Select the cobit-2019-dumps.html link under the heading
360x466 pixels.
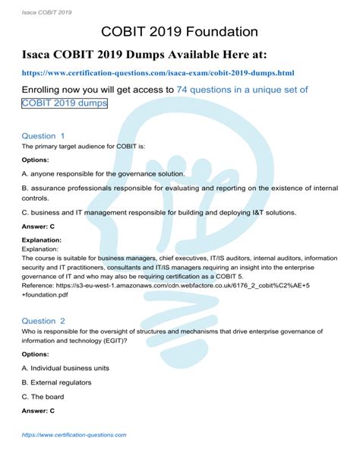pyautogui.click(x=158, y=73)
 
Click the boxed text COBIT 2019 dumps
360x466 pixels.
pyautogui.click(x=65, y=103)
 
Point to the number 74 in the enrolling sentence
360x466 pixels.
pyautogui.click(x=182, y=90)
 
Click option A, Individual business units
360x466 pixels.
pyautogui.click(x=66, y=368)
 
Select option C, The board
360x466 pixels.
pyautogui.click(x=43, y=397)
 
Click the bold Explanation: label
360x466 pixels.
pyautogui.click(x=42, y=240)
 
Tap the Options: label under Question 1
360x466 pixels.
pyautogui.click(x=36, y=160)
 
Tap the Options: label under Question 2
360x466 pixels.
pyautogui.click(x=36, y=354)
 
